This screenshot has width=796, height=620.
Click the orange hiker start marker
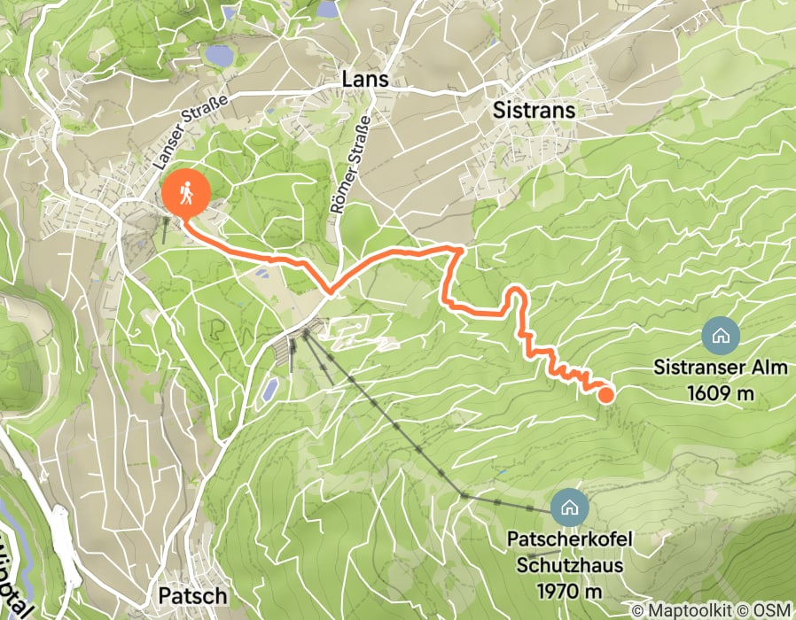click(186, 192)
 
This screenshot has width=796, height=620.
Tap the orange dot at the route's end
click(605, 395)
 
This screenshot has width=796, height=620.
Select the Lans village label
click(365, 79)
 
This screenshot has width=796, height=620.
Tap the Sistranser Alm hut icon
click(720, 336)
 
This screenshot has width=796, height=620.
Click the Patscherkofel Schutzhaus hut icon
click(568, 508)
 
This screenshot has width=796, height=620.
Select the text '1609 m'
click(720, 391)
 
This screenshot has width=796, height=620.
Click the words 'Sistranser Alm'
click(720, 366)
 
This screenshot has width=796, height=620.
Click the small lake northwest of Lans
click(217, 56)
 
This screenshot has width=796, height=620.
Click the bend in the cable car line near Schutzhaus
click(463, 495)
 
